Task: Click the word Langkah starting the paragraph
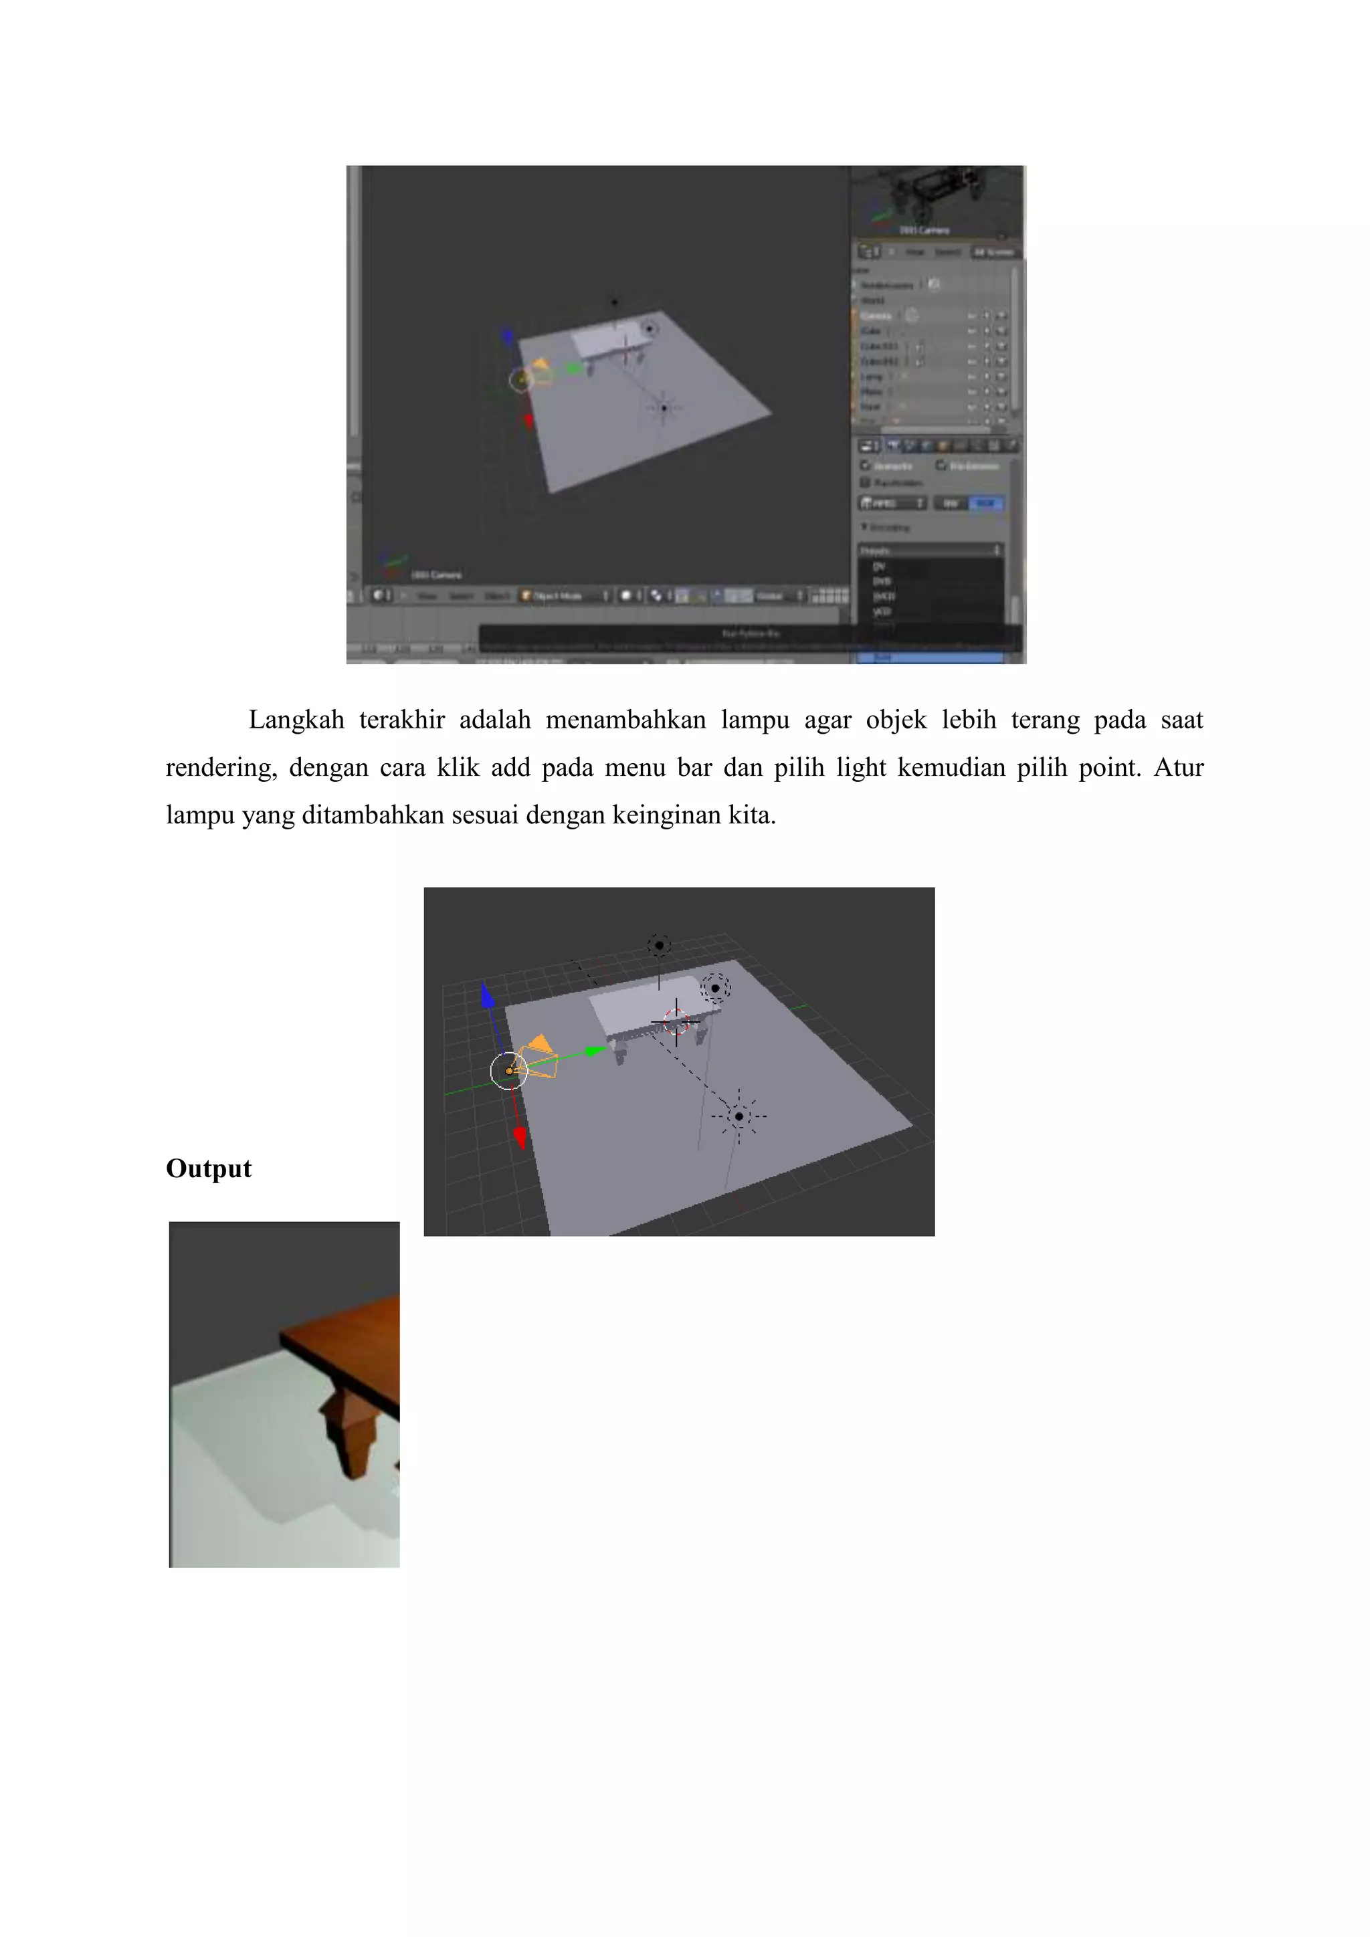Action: [x=296, y=720]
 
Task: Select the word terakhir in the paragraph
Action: [x=401, y=720]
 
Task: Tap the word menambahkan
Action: [x=625, y=720]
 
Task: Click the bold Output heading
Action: [x=208, y=1168]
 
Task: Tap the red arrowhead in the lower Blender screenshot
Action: [x=520, y=1138]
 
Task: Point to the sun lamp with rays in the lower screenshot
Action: [x=739, y=1116]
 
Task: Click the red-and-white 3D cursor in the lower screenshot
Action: [x=676, y=1021]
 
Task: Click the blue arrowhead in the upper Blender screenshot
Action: [x=507, y=336]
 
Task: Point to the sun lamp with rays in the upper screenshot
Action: [x=664, y=408]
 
